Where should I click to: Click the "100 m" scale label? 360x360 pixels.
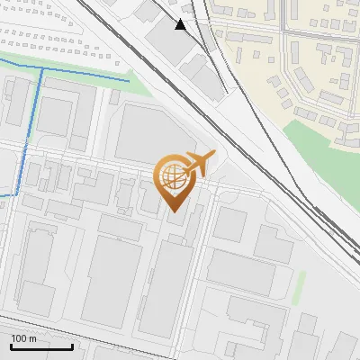24,338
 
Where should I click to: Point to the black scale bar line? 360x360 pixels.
41,346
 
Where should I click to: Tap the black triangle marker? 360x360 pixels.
181,24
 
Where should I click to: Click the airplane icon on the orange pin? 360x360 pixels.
197,163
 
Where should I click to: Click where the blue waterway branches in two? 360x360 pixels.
40,69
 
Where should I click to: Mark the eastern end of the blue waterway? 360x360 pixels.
128,82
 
